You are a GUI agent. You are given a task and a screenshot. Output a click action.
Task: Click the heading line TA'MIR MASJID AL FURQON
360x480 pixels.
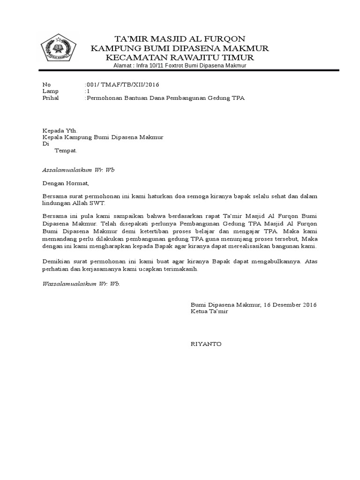[x=180, y=38]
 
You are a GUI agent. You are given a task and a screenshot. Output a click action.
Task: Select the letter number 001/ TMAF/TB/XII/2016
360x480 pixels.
[x=122, y=84]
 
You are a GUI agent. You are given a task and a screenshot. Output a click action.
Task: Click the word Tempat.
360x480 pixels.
[x=66, y=150]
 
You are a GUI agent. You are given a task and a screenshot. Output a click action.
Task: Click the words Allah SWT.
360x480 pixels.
[x=92, y=203]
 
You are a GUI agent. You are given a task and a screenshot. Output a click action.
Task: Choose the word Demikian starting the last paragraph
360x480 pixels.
[x=57, y=261]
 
